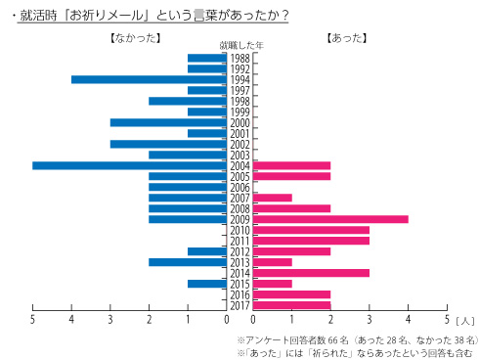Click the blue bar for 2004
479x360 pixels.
pos(130,165)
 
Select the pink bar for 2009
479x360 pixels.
pos(330,219)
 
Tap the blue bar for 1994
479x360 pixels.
pos(150,80)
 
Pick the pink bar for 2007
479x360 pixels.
pos(272,198)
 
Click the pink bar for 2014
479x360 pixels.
pos(311,273)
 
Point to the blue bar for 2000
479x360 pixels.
pos(169,122)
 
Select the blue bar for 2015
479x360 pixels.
pos(207,284)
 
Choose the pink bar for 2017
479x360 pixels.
pos(291,305)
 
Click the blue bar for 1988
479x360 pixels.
pos(207,59)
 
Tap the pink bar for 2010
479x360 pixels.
pos(311,230)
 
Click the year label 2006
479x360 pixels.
pos(240,187)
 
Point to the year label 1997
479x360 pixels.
pos(240,91)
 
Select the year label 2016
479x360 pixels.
pos(240,294)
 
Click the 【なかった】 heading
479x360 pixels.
pos(130,38)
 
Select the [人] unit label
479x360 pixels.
pos(464,320)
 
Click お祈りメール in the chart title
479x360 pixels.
pos(102,15)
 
